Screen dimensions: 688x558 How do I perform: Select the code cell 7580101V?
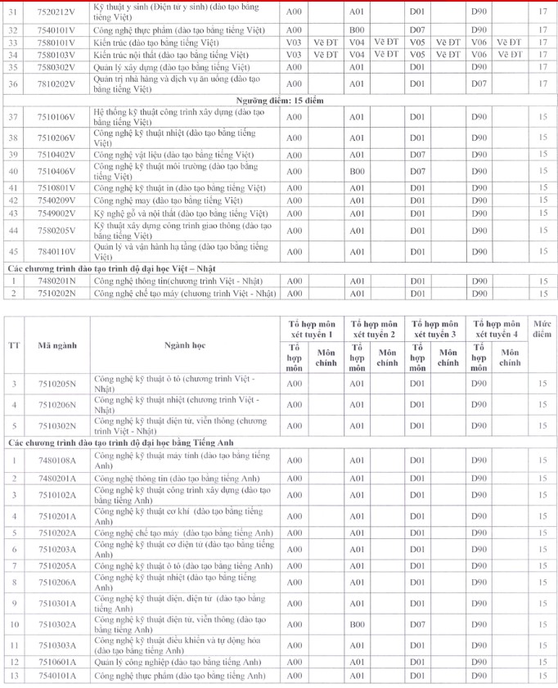(56, 42)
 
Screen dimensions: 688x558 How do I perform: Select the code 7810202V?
(56, 83)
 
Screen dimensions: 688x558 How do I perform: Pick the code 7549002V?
(56, 214)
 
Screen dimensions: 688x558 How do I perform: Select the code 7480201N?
(56, 281)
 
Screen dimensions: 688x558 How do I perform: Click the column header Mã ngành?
(56, 345)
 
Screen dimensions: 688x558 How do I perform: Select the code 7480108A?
(56, 460)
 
